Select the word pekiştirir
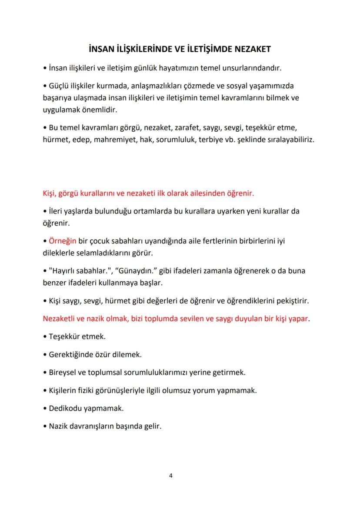292,301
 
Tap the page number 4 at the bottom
171,475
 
